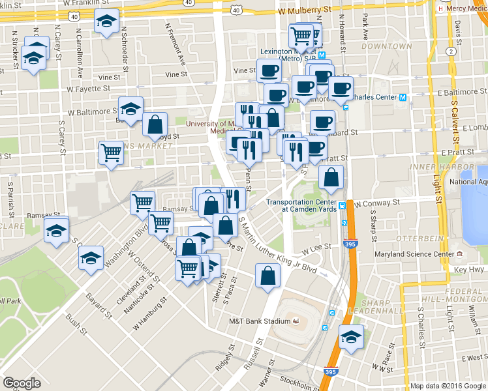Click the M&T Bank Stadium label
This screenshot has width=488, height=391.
click(258, 321)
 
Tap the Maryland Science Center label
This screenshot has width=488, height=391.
click(414, 253)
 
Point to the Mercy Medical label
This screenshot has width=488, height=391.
click(467, 9)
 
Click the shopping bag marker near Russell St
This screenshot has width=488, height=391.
click(267, 276)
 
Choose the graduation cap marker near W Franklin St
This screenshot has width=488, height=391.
click(106, 22)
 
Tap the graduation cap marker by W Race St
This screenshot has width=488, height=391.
click(352, 338)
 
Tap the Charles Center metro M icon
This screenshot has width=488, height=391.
click(403, 98)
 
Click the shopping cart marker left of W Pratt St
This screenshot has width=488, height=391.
click(112, 154)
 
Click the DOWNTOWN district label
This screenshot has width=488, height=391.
click(388, 46)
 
